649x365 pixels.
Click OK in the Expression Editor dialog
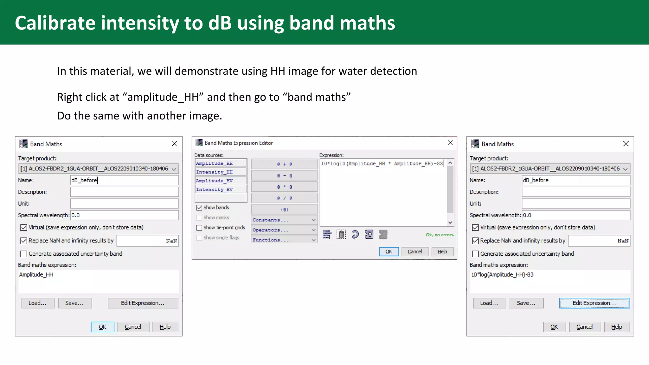click(x=389, y=252)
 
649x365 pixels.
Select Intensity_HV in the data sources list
click(x=215, y=189)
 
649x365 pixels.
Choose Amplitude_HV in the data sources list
click(x=215, y=181)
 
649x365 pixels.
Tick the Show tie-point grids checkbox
click(x=199, y=228)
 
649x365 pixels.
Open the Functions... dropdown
click(x=284, y=240)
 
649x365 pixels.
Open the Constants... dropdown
click(x=284, y=220)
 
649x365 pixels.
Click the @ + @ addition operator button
click(x=284, y=164)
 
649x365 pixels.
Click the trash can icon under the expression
click(x=341, y=234)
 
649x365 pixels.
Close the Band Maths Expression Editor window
click(x=450, y=143)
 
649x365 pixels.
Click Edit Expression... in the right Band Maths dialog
click(x=594, y=303)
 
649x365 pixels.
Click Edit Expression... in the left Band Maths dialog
click(x=143, y=303)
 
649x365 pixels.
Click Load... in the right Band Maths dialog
click(x=489, y=303)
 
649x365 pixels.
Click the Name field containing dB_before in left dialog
click(x=124, y=180)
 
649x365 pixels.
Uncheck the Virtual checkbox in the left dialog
click(x=24, y=227)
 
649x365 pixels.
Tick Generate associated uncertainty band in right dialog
click(x=475, y=254)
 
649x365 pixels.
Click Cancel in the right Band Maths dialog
click(x=584, y=327)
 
